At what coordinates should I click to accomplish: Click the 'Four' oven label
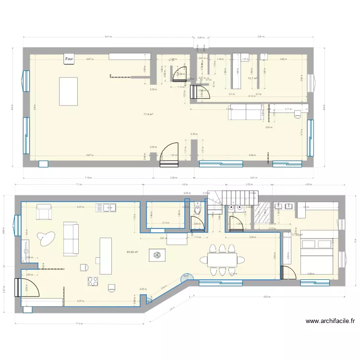(x=70, y=60)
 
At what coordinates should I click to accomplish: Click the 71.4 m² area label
(x=148, y=114)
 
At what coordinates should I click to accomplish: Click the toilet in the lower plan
(x=198, y=210)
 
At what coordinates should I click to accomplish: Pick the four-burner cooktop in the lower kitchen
(x=93, y=281)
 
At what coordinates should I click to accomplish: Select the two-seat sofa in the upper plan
(x=245, y=113)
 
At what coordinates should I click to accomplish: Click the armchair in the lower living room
(x=44, y=211)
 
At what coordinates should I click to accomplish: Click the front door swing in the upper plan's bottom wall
(x=170, y=155)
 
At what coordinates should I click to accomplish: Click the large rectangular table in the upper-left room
(x=68, y=90)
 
